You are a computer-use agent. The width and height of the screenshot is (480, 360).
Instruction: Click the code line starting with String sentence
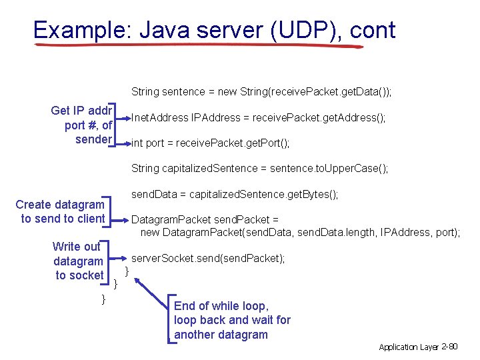point(261,91)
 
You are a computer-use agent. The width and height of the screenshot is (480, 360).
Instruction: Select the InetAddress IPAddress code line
point(259,118)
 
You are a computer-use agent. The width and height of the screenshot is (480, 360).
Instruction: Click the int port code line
point(211,143)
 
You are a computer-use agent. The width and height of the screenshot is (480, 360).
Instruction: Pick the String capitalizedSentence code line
point(260,168)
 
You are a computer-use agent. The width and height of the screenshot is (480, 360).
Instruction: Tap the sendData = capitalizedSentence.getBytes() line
point(235,194)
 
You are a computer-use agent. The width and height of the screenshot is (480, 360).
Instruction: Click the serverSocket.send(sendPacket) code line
point(208,258)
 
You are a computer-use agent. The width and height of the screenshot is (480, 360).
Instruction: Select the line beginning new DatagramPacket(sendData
point(300,232)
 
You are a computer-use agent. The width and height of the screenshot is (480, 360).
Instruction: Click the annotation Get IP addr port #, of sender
point(82,125)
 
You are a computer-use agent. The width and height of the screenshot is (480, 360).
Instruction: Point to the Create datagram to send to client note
point(61,211)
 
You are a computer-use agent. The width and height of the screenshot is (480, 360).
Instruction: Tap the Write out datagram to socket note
point(78,261)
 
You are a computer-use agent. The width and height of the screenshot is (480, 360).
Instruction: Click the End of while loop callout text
point(232,320)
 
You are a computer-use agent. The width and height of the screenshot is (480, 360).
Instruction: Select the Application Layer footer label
point(409,347)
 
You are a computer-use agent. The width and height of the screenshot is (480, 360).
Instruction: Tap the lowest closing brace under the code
point(103,299)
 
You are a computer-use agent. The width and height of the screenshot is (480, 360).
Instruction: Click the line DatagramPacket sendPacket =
point(205,219)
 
